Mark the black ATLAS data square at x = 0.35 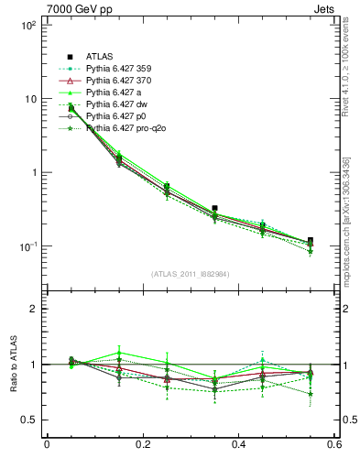click(x=214, y=209)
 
